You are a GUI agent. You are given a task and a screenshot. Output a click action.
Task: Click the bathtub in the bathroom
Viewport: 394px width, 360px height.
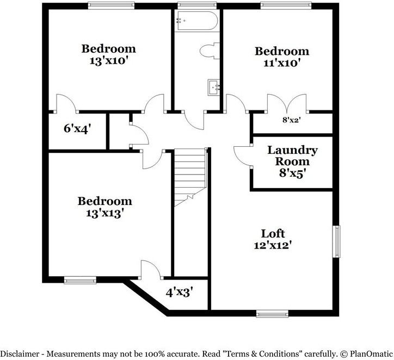pos(196,21)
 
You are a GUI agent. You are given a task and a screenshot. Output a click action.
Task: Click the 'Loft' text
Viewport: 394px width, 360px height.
pos(273,233)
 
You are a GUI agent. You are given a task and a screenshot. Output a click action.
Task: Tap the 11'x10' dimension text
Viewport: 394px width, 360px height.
pos(282,63)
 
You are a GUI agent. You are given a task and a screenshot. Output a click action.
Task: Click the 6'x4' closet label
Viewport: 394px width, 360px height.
pos(77,129)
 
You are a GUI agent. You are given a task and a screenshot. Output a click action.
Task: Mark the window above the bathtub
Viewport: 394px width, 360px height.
pos(196,5)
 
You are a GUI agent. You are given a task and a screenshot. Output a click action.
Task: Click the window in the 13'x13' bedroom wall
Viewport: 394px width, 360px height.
pos(79,281)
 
